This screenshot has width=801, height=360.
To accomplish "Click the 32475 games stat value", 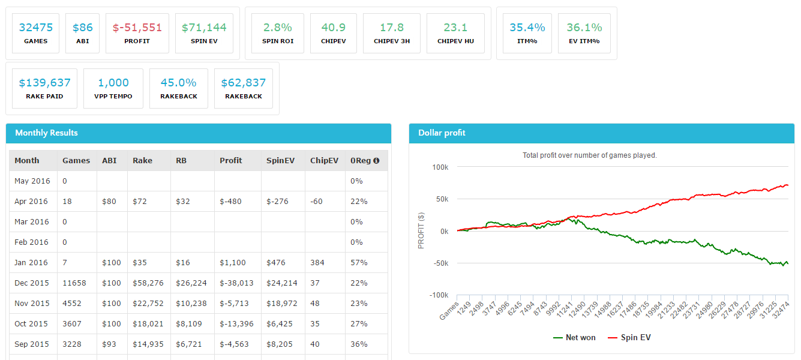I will click(x=36, y=28).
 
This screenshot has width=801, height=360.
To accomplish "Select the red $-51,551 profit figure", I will click(x=137, y=28).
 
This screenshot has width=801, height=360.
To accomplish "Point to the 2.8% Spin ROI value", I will click(x=277, y=28).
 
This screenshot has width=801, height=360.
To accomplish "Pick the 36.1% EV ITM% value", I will click(x=584, y=28).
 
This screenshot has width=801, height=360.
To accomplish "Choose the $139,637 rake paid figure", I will click(x=44, y=83).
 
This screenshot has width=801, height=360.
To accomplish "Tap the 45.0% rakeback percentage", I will click(x=178, y=83).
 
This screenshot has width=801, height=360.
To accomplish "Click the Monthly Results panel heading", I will click(x=46, y=133).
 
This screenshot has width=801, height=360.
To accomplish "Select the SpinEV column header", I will click(x=279, y=161).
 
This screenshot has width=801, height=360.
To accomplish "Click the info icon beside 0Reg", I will click(x=376, y=161).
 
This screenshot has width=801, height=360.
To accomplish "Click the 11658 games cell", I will click(x=74, y=283).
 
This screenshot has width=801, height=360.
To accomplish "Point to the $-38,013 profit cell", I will click(x=236, y=283).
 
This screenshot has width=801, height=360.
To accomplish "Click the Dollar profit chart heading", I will click(x=442, y=133).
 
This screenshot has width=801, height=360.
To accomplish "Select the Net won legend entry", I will click(x=574, y=338).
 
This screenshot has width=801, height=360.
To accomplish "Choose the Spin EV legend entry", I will click(x=629, y=338).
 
